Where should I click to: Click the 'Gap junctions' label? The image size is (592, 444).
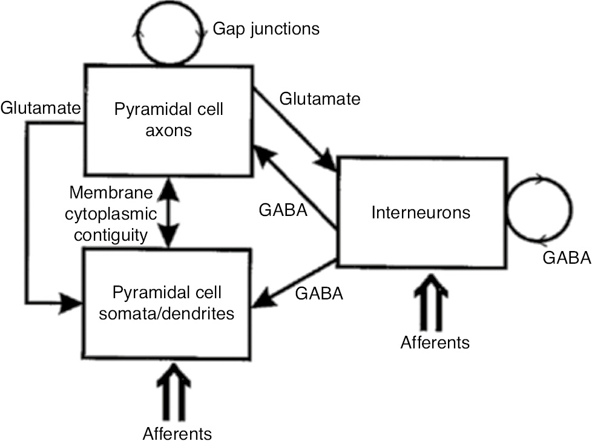pyautogui.click(x=266, y=28)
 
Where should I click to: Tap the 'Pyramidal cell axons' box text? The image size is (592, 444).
pyautogui.click(x=169, y=119)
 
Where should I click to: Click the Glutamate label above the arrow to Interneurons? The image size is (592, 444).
pyautogui.click(x=320, y=98)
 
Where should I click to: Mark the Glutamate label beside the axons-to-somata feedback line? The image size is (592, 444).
pyautogui.click(x=40, y=108)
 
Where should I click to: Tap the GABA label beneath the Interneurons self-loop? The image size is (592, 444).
pyautogui.click(x=567, y=258)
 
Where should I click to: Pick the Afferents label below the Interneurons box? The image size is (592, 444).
pyautogui.click(x=435, y=342)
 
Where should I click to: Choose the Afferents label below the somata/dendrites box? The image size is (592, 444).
pyautogui.click(x=177, y=433)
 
